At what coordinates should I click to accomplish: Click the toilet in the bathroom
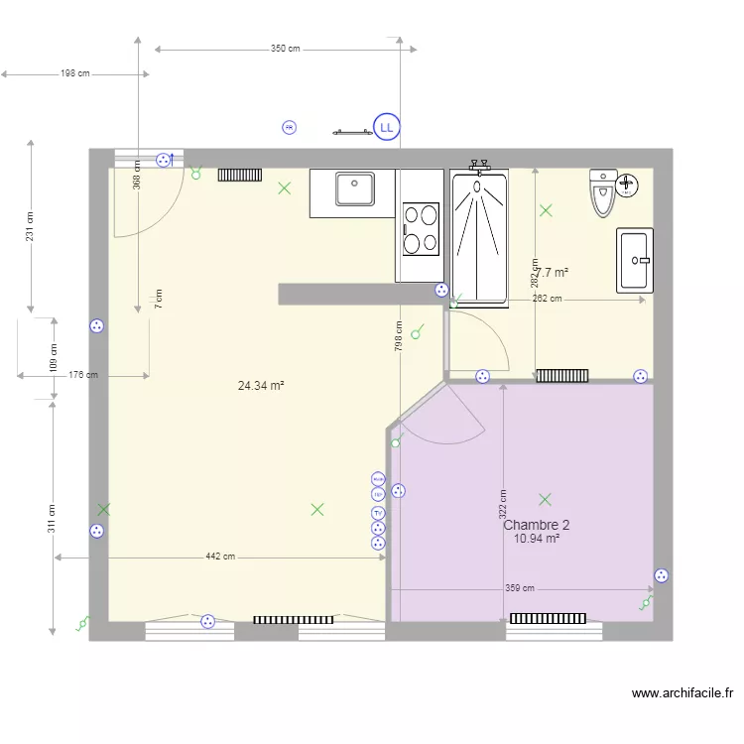pyautogui.click(x=603, y=193)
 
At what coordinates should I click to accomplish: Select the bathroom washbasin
pyautogui.click(x=635, y=260)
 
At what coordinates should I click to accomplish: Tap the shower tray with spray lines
pyautogui.click(x=479, y=236)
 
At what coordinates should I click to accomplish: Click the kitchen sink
pyautogui.click(x=353, y=188)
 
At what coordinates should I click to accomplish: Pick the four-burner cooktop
pyautogui.click(x=421, y=228)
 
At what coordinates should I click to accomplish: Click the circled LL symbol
pyautogui.click(x=386, y=127)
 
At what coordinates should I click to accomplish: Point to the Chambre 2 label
pyautogui.click(x=537, y=526)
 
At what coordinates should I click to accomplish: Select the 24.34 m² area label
pyautogui.click(x=261, y=385)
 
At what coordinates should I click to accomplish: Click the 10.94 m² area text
pyautogui.click(x=537, y=539)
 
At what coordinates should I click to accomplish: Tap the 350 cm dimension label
pyautogui.click(x=285, y=49)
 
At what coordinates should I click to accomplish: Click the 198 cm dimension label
pyautogui.click(x=74, y=73)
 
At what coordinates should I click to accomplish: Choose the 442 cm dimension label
pyautogui.click(x=220, y=558)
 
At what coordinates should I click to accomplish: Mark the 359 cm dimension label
pyautogui.click(x=520, y=588)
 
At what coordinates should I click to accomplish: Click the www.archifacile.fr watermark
pyautogui.click(x=682, y=694)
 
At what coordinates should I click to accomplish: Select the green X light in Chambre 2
pyautogui.click(x=545, y=499)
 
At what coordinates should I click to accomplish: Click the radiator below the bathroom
pyautogui.click(x=562, y=375)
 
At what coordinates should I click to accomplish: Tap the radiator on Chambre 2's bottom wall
pyautogui.click(x=548, y=618)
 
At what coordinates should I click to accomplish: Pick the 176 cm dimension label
pyautogui.click(x=83, y=375)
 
